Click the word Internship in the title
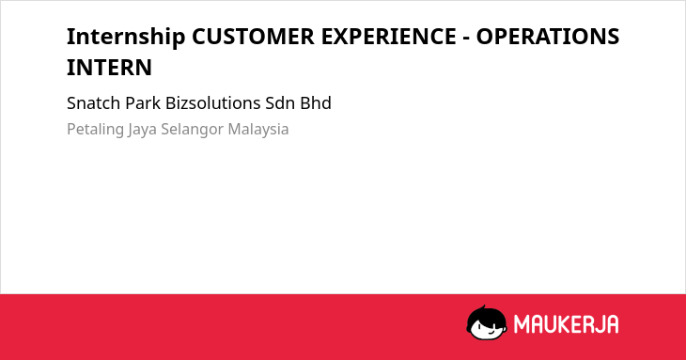coord(126,37)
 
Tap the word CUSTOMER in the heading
coord(253,37)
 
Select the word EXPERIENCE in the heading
coord(388,37)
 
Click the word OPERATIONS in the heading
coord(547,37)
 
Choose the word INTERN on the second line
coord(109,68)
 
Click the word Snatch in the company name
coord(94,103)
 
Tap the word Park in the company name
coord(143,103)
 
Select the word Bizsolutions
coord(213,103)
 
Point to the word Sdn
coord(280,103)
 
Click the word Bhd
coord(316,103)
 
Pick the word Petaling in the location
coord(95,130)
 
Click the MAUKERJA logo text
coord(566,324)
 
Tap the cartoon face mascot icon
coord(487,322)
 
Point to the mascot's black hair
coord(486,315)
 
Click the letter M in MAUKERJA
coord(522,324)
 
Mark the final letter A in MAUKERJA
coord(612,324)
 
